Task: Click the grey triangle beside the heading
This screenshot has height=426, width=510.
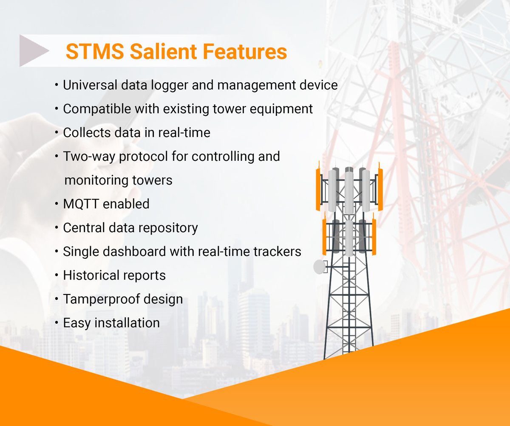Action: click(33, 51)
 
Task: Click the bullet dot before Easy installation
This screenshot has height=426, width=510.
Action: click(57, 323)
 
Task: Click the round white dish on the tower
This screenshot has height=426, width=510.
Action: click(319, 267)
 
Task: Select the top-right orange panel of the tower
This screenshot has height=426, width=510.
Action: click(380, 189)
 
